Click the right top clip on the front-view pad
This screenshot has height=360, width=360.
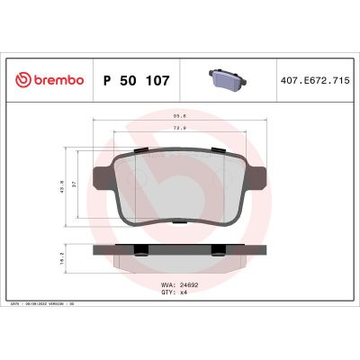[220, 149]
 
